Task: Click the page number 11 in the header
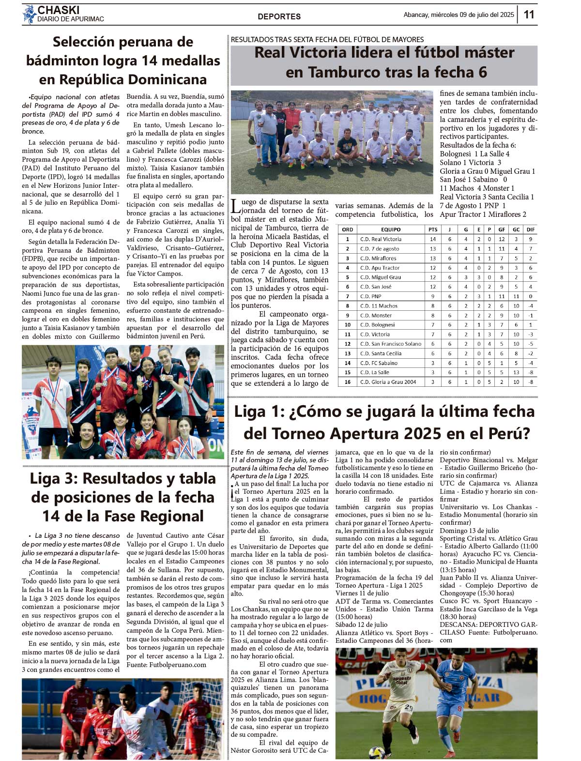pos(529,15)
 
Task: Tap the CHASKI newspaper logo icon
pos(29,14)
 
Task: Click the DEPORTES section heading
pos(279,16)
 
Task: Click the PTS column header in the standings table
pos(433,229)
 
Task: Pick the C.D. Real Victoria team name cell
pos(381,239)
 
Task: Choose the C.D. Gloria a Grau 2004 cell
pos(388,382)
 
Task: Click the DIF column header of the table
pos(531,229)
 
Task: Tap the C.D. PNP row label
pos(371,296)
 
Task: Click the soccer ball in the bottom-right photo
pos(376,752)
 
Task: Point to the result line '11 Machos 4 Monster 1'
pos(477,188)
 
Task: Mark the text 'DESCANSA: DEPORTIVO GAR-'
pos(489,624)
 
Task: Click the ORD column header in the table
pos(347,229)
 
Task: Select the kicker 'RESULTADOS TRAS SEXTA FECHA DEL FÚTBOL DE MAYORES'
pos(327,40)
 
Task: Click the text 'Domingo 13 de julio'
pos(469,531)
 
